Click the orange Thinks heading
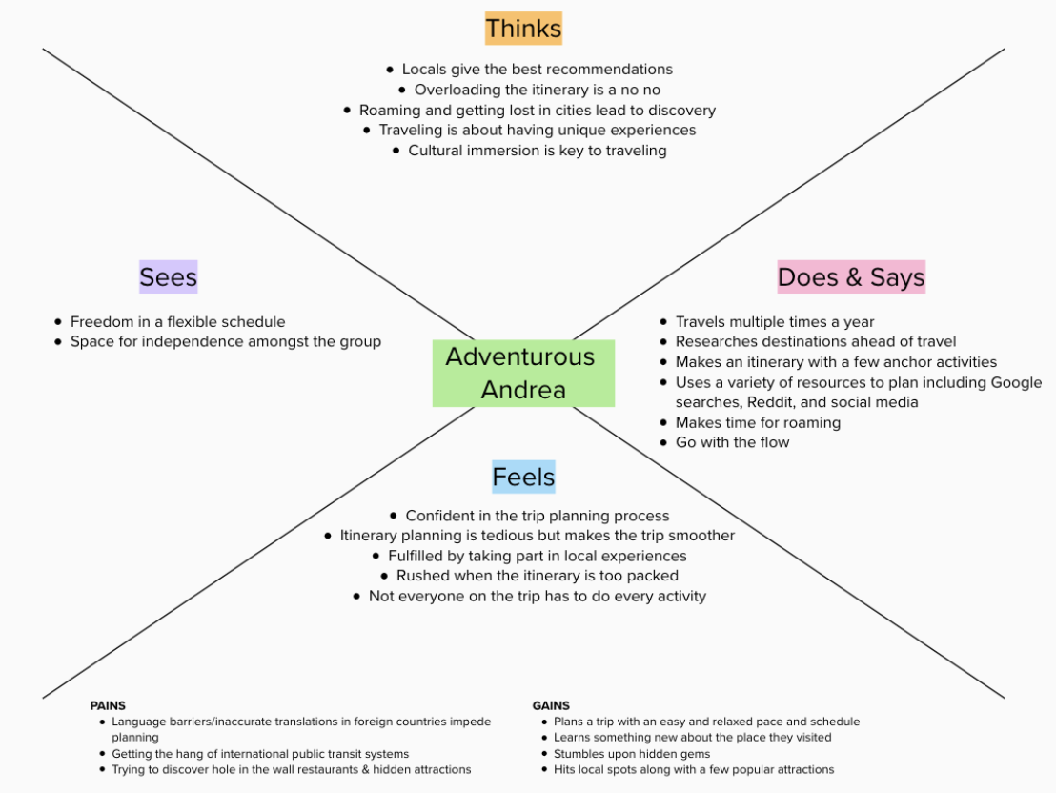click(523, 29)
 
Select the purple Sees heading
click(169, 277)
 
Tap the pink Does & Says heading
click(851, 277)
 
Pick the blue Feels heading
click(523, 477)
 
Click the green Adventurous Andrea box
click(523, 374)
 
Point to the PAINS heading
click(108, 705)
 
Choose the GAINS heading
click(551, 705)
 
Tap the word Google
click(1016, 383)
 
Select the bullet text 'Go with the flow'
click(732, 442)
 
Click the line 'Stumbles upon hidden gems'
click(632, 754)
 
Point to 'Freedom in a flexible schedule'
click(178, 322)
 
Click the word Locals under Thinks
click(423, 70)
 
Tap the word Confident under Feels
click(439, 516)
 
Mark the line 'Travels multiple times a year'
click(775, 322)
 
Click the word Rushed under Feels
click(419, 576)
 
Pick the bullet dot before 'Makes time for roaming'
click(663, 422)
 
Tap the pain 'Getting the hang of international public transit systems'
click(260, 754)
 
